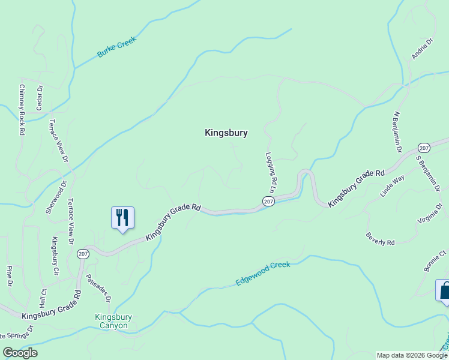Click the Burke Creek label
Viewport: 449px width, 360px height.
[x=117, y=47]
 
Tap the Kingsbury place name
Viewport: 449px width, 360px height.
[x=226, y=133]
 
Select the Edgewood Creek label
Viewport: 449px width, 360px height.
[x=263, y=273]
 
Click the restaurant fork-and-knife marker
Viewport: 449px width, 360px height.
[x=122, y=218]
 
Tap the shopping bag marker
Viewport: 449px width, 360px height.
[x=444, y=291]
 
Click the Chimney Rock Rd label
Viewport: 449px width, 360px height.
[x=22, y=109]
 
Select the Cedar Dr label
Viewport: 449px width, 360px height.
[x=40, y=97]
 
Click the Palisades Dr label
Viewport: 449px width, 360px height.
[x=98, y=288]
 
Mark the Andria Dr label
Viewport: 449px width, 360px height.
[x=422, y=50]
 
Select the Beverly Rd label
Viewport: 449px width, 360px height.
[x=380, y=238]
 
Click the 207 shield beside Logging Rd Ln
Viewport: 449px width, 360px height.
[x=268, y=201]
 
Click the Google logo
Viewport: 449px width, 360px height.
[x=20, y=352]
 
